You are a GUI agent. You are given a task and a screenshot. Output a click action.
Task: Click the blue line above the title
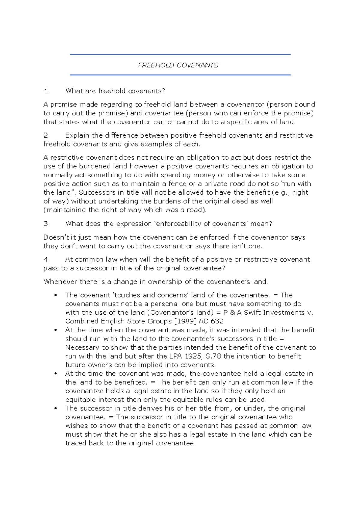(180, 55)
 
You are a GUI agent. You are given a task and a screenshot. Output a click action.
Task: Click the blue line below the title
(180, 75)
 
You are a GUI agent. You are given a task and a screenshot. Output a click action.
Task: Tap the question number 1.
(46, 91)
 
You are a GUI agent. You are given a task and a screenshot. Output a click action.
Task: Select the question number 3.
(46, 224)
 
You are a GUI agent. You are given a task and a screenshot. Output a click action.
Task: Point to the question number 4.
(46, 259)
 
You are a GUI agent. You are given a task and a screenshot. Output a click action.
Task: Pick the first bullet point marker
(55, 295)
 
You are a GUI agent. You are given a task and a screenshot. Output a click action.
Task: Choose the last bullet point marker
(55, 409)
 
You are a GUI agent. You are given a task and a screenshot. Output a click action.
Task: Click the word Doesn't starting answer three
(56, 237)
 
